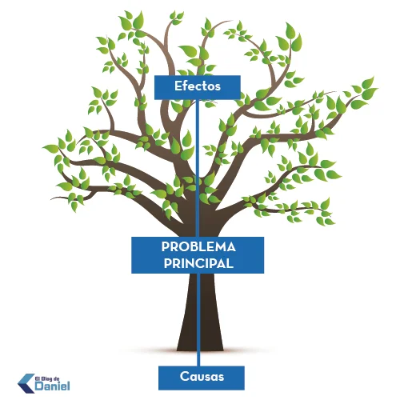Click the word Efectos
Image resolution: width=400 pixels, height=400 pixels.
click(198, 86)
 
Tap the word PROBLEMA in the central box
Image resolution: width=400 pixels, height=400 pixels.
click(198, 247)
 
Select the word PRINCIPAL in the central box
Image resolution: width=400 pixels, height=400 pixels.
click(198, 263)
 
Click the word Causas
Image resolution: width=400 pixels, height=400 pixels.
click(202, 377)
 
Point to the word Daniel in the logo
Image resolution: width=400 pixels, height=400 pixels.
click(53, 386)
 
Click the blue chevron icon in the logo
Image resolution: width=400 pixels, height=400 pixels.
click(26, 383)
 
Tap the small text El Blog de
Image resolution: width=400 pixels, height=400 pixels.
click(47, 378)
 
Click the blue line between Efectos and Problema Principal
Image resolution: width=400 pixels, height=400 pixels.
click(198, 168)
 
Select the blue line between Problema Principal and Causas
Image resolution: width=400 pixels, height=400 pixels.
click(198, 320)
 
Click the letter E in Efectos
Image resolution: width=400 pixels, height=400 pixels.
click(178, 86)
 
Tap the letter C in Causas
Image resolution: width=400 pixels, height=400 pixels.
click(184, 377)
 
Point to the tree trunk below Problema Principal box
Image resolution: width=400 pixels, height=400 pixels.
click(200, 312)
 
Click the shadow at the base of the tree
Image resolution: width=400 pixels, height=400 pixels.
click(200, 350)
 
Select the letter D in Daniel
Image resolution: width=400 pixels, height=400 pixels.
click(39, 386)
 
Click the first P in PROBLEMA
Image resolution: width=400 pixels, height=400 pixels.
click(165, 247)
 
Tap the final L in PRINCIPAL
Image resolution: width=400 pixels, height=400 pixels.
click(230, 263)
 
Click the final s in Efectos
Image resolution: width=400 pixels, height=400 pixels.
click(218, 87)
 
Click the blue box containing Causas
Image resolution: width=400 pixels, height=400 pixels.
click(202, 378)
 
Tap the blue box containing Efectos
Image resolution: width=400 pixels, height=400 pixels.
click(198, 87)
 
